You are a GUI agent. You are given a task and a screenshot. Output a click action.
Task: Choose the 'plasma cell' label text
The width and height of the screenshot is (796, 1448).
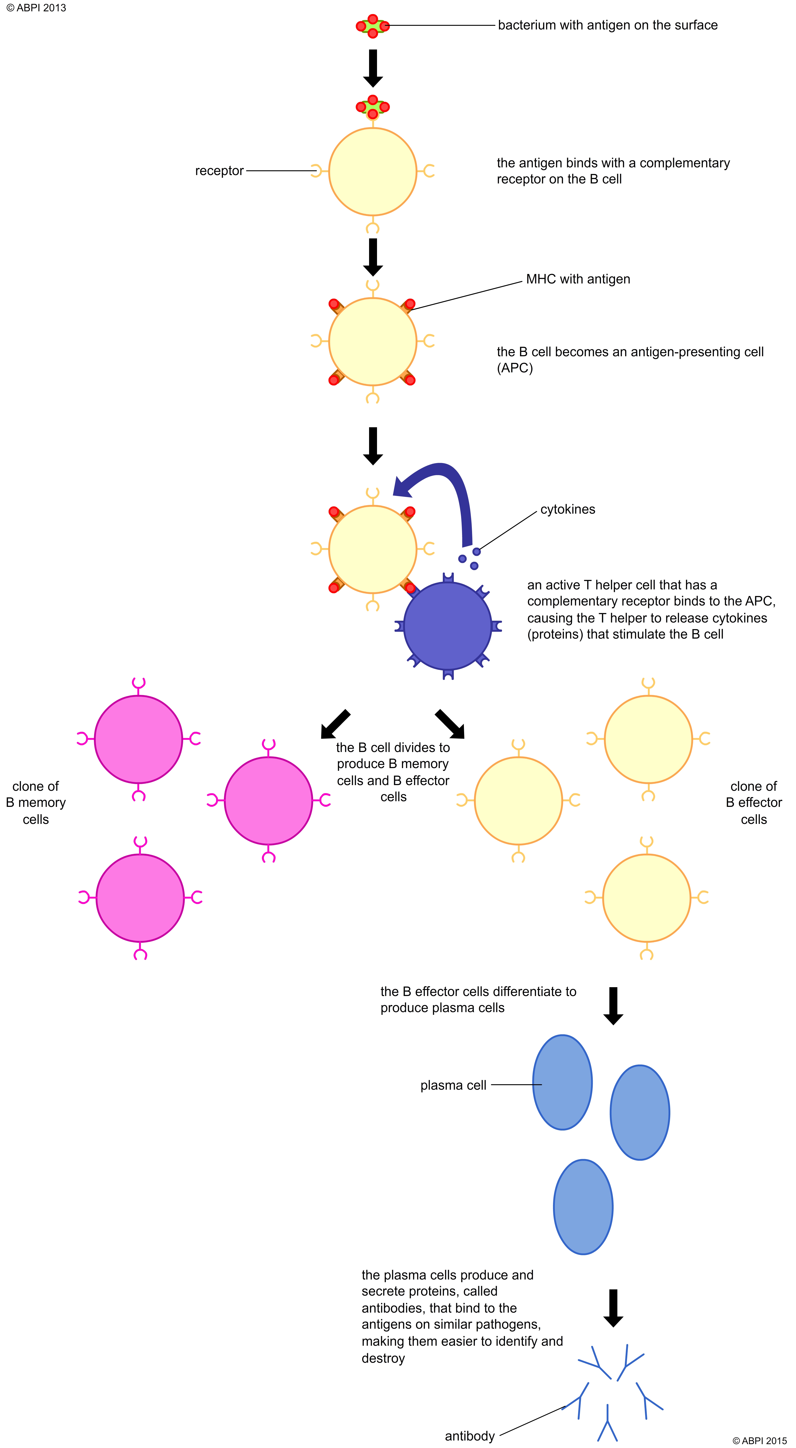(x=453, y=1085)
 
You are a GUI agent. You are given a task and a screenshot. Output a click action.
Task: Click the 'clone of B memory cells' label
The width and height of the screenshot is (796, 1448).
(x=35, y=803)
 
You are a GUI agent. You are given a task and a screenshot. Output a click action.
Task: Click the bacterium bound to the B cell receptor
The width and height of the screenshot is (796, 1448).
(x=372, y=107)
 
